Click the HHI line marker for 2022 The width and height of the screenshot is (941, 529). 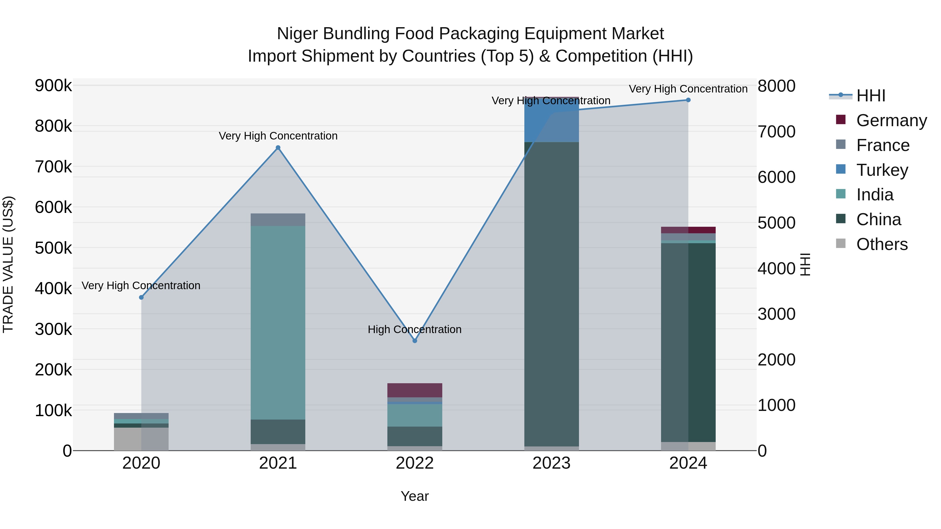[415, 341]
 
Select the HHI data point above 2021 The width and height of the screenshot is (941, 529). [278, 148]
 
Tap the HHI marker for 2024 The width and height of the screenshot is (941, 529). [688, 100]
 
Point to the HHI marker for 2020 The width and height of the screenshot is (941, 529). [141, 298]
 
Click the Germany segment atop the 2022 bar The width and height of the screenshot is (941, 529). [415, 390]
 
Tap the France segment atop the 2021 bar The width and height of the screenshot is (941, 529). [278, 220]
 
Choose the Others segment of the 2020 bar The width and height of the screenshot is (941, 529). [141, 439]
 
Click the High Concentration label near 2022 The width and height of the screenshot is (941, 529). [415, 329]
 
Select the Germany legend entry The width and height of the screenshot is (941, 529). [891, 120]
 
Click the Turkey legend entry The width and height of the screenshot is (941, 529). [882, 170]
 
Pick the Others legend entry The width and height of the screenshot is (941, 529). [882, 244]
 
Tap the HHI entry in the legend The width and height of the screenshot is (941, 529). [871, 96]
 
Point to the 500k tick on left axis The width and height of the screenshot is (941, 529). [53, 248]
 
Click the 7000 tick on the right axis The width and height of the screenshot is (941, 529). [777, 132]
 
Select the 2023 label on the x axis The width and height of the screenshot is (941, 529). [552, 463]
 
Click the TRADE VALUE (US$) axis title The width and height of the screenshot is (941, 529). [8, 264]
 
